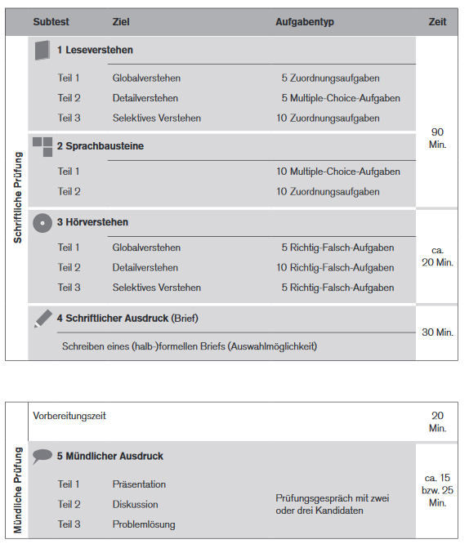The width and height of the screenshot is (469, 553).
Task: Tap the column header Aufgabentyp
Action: [x=305, y=22]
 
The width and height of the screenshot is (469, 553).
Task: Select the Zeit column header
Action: [x=437, y=22]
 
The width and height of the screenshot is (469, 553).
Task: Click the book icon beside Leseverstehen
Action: [x=42, y=51]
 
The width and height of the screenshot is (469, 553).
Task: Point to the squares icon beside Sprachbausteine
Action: [x=42, y=146]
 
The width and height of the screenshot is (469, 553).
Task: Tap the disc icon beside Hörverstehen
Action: [x=42, y=222]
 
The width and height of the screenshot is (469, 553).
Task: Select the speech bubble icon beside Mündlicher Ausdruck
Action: [x=42, y=457]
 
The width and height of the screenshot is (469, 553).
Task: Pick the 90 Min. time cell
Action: [x=437, y=137]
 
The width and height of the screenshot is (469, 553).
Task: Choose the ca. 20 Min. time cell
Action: [x=437, y=256]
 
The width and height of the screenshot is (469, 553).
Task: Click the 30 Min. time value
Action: [x=437, y=332]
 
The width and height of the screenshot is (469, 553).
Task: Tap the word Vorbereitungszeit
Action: [x=69, y=416]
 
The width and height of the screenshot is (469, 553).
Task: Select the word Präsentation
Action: [x=139, y=484]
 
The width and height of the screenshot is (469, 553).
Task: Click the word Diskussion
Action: [x=135, y=504]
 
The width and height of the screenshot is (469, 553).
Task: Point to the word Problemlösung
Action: [x=143, y=524]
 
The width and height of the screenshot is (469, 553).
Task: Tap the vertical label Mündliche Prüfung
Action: [x=17, y=491]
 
